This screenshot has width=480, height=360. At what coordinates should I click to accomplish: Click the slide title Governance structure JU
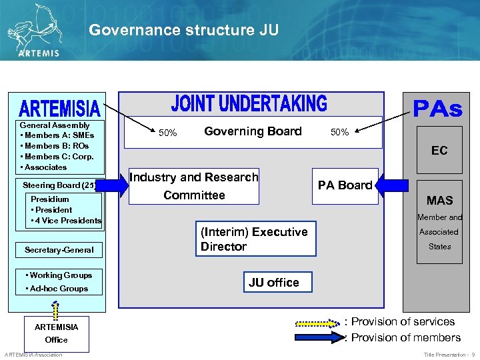[x=183, y=30]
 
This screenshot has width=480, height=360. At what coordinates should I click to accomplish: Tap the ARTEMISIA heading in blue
[x=59, y=107]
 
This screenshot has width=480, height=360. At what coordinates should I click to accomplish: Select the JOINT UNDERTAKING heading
[x=249, y=103]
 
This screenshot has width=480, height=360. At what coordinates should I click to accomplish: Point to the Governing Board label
[x=253, y=131]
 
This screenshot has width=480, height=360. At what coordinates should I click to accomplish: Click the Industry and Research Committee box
[x=194, y=186]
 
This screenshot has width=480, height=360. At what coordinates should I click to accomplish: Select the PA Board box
[x=345, y=185]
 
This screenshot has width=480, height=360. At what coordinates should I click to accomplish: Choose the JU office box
[x=274, y=283]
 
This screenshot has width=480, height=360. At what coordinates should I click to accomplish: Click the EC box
[x=439, y=151]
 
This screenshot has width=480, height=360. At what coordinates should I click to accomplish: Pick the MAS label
[x=439, y=200]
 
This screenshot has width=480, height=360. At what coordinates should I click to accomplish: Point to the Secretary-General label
[x=59, y=250]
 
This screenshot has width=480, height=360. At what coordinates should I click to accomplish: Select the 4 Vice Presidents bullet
[x=66, y=220]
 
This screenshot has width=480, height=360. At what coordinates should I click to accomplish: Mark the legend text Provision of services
[x=403, y=322]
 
